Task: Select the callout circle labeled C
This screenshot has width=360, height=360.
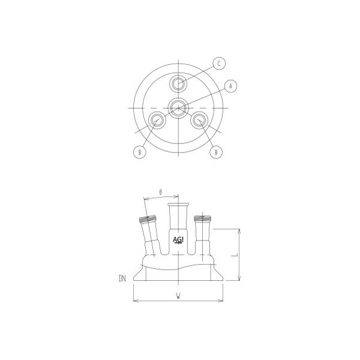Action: tap(220, 63)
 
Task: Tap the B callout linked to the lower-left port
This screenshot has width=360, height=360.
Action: tap(139, 152)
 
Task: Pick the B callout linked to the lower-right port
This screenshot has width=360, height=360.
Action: tap(216, 152)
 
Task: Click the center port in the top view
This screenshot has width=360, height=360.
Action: tap(178, 108)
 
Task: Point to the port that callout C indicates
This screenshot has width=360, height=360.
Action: tap(178, 83)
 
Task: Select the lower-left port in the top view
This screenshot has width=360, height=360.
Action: tap(158, 120)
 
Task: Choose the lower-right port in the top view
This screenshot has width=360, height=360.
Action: tap(199, 120)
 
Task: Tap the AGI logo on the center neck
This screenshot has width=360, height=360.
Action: tap(179, 240)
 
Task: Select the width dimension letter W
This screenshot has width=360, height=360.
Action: tap(178, 295)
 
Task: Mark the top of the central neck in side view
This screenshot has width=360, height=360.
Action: tap(179, 205)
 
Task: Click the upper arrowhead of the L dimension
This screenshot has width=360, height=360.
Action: tap(240, 230)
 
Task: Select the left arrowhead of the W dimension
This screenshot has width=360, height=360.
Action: tap(135, 301)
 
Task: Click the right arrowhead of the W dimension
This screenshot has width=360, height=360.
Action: tap(223, 301)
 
